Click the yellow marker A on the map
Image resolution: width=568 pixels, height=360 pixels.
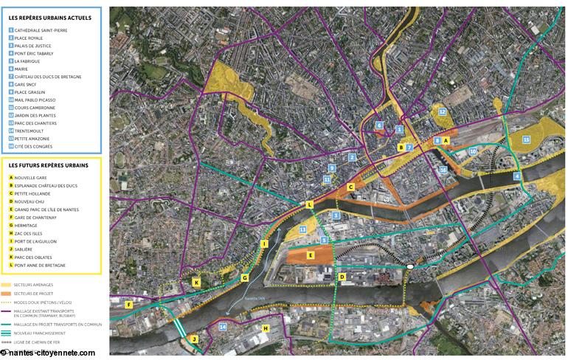tap(446, 139)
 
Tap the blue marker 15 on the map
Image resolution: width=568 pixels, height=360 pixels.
tap(526, 139)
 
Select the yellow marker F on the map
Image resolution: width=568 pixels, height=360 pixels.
tap(128, 305)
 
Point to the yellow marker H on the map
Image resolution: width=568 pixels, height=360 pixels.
tap(266, 328)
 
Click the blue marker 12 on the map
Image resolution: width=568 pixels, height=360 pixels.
tap(442, 112)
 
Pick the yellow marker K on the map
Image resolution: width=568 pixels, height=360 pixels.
tap(197, 283)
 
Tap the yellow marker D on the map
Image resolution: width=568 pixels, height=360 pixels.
tap(342, 277)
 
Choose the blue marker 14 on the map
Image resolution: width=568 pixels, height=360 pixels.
tap(223, 326)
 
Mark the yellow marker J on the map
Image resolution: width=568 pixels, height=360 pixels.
tap(194, 339)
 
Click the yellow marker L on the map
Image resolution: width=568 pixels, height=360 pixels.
tap(309, 204)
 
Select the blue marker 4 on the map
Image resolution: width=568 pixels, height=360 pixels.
tap(517, 176)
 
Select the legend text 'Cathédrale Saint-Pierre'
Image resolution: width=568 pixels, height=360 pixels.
tap(40, 30)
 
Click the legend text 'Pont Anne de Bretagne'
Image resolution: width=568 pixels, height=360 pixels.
tap(40, 265)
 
